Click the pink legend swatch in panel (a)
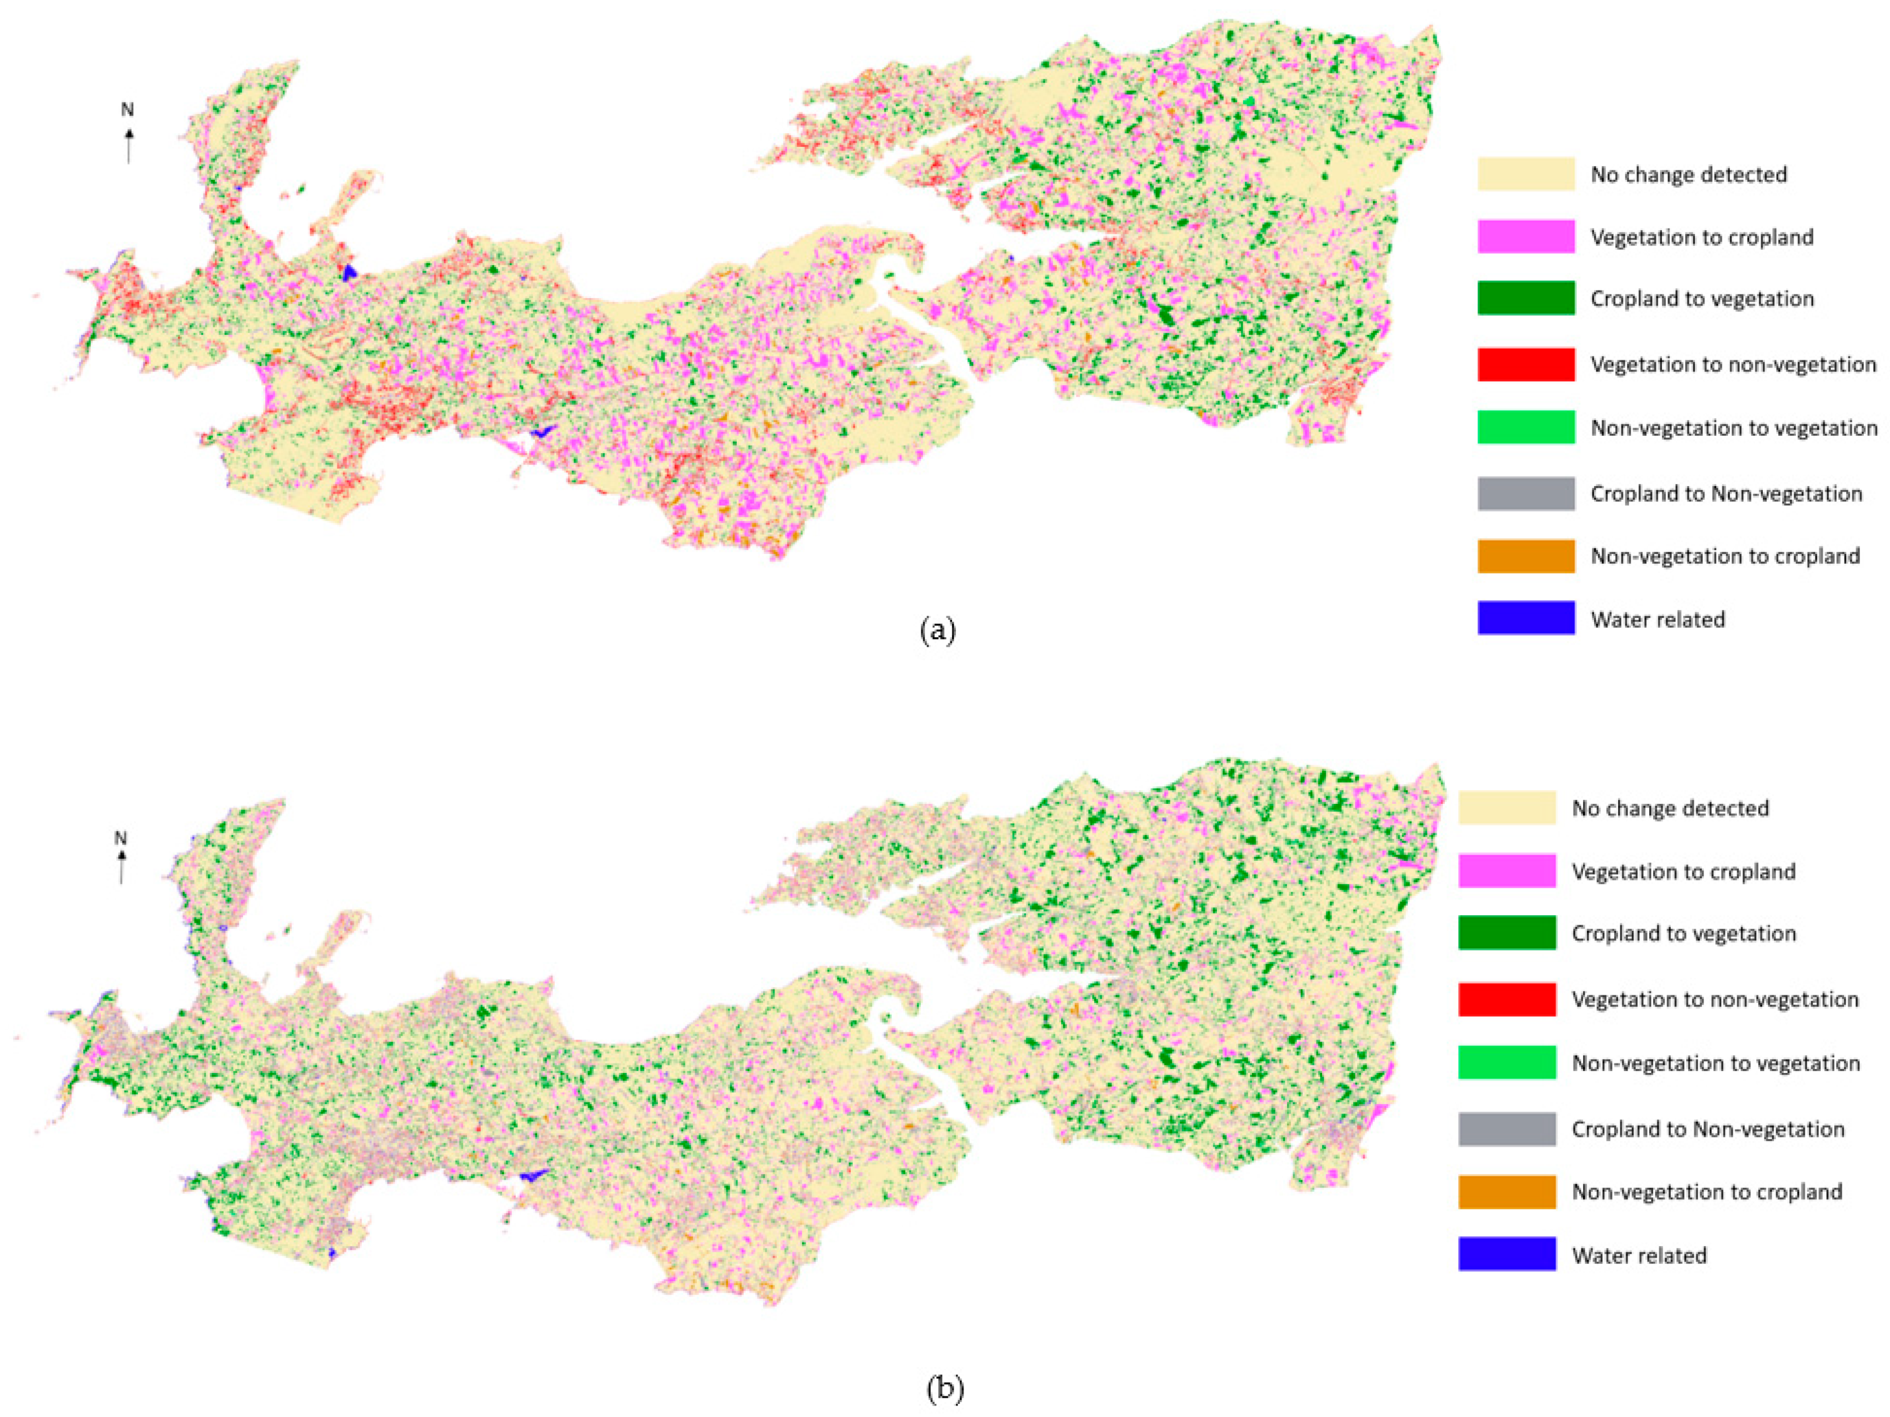[x=1526, y=237]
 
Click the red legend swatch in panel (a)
[x=1526, y=365]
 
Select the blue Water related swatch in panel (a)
[x=1526, y=619]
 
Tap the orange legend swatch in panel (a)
[x=1526, y=556]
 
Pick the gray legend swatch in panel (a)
[x=1526, y=494]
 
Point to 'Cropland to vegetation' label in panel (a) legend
[x=1702, y=299]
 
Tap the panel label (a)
[x=938, y=631]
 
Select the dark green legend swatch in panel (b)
[x=1507, y=933]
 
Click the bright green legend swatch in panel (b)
[x=1507, y=1062]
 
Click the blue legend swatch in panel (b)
[x=1507, y=1255]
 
